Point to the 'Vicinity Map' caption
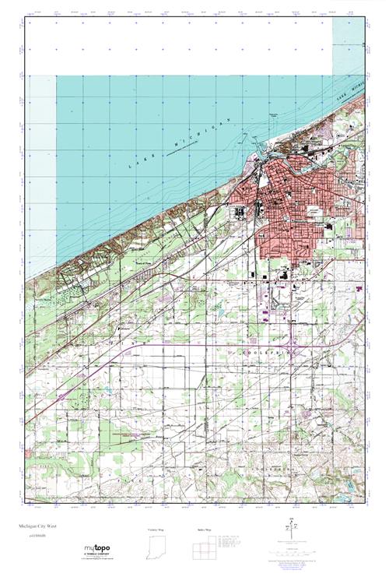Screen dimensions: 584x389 (156, 529)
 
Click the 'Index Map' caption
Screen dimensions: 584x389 (204, 529)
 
